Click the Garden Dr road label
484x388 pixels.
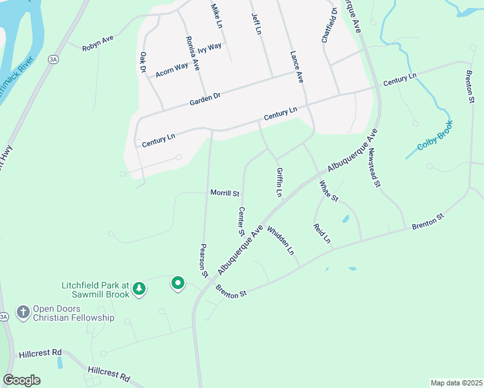click(205, 99)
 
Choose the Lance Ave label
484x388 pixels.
click(296, 67)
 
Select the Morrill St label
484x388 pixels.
click(225, 193)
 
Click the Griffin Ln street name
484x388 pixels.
click(279, 183)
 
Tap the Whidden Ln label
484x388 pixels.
click(280, 241)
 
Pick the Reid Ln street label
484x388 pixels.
click(322, 233)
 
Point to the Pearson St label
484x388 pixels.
click(203, 261)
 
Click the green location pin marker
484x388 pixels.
click(177, 283)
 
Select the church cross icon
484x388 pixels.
click(23, 313)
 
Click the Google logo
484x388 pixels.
click(21, 380)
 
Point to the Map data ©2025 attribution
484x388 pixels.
click(456, 383)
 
